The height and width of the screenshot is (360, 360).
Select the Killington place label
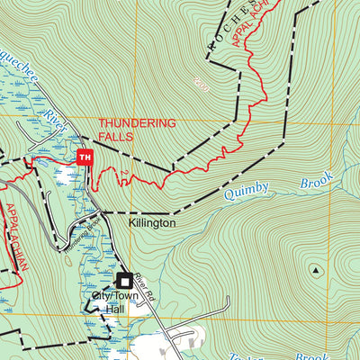152,221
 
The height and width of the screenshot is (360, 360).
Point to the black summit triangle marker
316,269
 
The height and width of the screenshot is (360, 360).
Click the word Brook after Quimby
311,183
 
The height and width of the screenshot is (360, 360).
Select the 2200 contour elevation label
200,84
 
